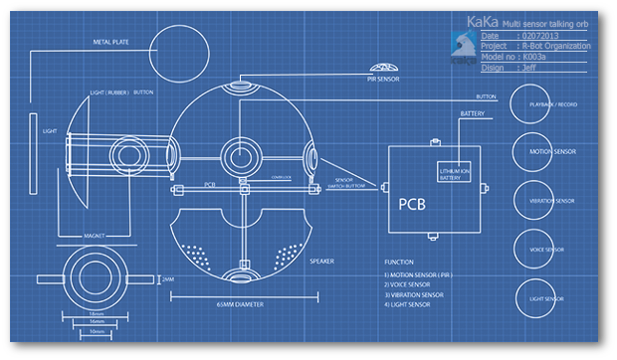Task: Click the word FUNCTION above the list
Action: click(x=400, y=263)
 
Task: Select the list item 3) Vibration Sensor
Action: click(x=414, y=295)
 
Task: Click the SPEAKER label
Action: click(x=320, y=262)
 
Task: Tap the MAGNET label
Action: click(x=97, y=236)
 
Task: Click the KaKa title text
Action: click(x=482, y=21)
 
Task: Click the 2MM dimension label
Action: click(x=167, y=279)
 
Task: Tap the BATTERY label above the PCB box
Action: click(x=472, y=114)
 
